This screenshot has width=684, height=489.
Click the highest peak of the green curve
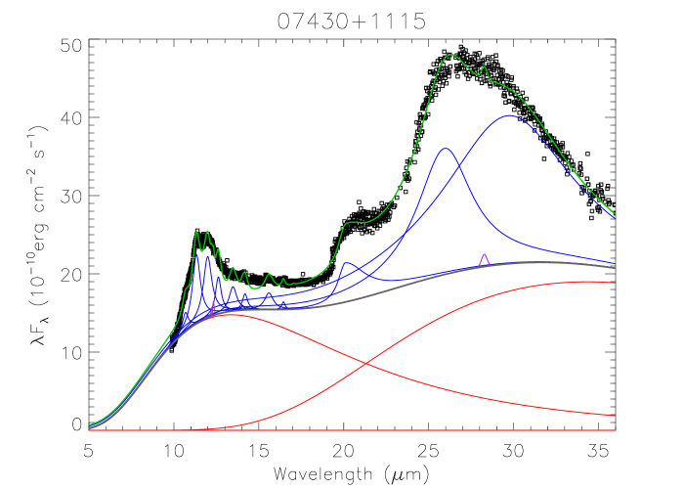pyautogui.click(x=451, y=55)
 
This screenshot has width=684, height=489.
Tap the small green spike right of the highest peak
pyautogui.click(x=485, y=67)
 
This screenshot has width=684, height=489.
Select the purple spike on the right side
pyautogui.click(x=484, y=254)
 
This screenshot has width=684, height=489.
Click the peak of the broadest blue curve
pyautogui.click(x=509, y=115)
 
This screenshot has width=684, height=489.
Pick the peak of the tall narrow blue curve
pyautogui.click(x=446, y=149)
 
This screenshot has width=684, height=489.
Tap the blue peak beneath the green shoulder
pyautogui.click(x=347, y=262)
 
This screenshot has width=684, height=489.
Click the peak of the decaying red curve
pyautogui.click(x=227, y=315)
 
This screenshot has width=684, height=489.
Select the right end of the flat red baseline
pyautogui.click(x=615, y=430)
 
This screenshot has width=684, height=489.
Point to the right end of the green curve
pyautogui.click(x=615, y=213)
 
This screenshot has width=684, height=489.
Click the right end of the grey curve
pyautogui.click(x=615, y=267)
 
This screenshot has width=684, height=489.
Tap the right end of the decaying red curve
pyautogui.click(x=615, y=416)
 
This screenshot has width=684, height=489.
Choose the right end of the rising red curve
pyautogui.click(x=615, y=283)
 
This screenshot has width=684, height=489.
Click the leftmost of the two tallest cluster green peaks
pyautogui.click(x=197, y=232)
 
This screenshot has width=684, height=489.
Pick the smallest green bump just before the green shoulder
pyautogui.click(x=283, y=280)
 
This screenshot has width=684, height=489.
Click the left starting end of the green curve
pyautogui.click(x=89, y=425)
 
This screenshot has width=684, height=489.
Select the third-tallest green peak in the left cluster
pyautogui.click(x=218, y=249)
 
